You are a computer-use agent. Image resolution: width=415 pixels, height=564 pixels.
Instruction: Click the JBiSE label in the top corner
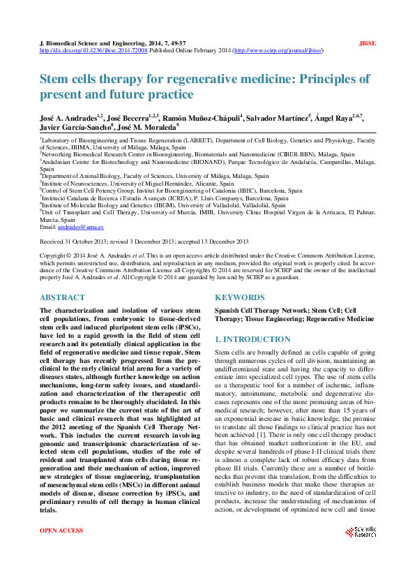tap(367, 43)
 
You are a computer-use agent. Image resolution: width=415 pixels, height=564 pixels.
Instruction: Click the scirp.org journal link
tap(278, 51)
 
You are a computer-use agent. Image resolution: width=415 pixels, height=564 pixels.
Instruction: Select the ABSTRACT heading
tap(62, 297)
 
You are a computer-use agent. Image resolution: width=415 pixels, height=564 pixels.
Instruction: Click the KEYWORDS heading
tap(239, 297)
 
